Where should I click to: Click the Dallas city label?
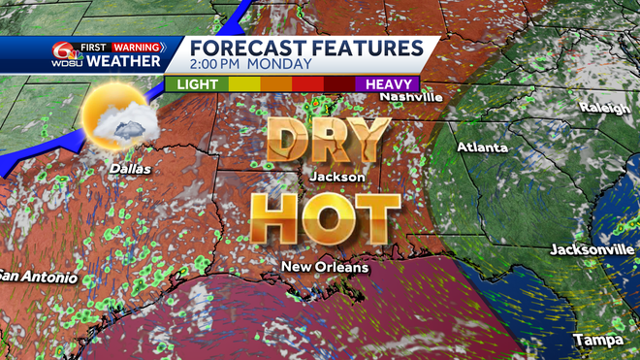click(x=131, y=168)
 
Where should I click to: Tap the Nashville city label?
click(x=411, y=97)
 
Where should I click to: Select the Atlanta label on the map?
click(x=482, y=147)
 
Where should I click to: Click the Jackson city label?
click(x=337, y=177)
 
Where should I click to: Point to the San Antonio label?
click(x=35, y=275)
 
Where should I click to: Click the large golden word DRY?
click(x=328, y=142)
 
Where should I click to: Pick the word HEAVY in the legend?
click(x=388, y=84)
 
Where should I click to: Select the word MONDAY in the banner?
click(x=281, y=65)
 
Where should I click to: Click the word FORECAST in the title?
click(x=247, y=48)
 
